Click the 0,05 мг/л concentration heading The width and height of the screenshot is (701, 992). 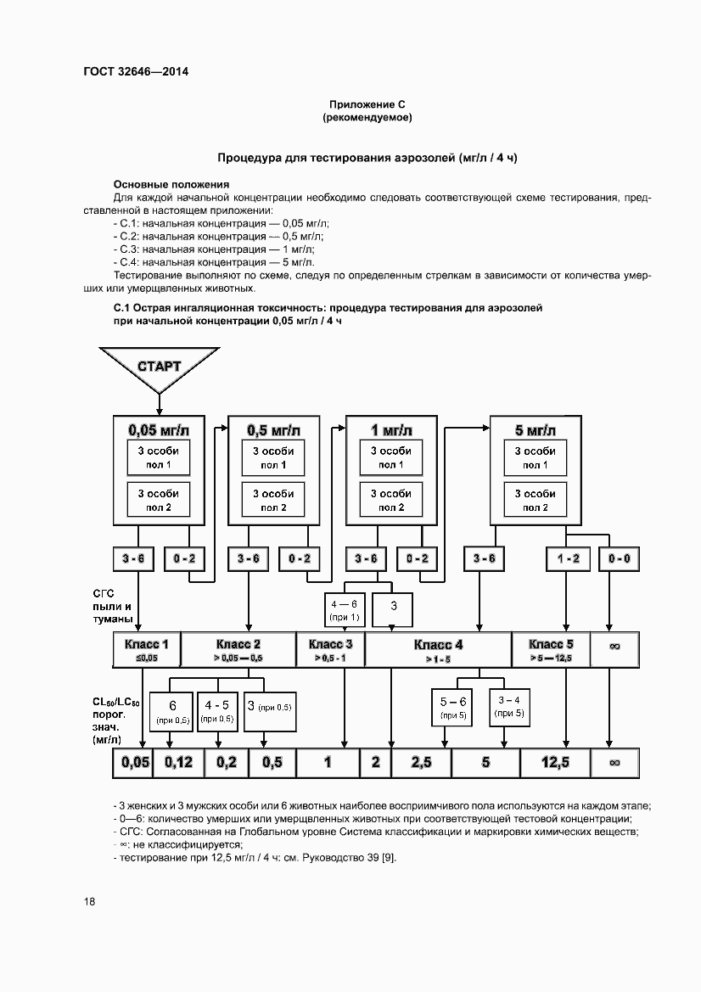158,429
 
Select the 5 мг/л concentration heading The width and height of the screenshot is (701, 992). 535,429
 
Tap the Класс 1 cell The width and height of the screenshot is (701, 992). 147,649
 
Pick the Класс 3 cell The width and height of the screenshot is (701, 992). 330,649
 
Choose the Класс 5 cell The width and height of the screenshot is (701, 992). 551,649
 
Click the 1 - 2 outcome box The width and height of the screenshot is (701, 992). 568,559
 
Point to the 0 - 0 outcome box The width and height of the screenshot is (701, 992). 620,559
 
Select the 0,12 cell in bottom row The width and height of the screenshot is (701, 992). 179,762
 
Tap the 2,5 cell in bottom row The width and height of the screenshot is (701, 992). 421,762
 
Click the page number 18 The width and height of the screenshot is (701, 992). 89,901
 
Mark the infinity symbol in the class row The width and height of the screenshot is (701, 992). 615,649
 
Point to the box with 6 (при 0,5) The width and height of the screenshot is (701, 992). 172,712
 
